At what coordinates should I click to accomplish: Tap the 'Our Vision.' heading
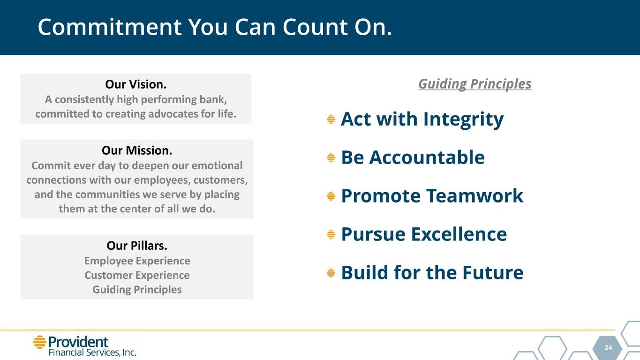coord(136,84)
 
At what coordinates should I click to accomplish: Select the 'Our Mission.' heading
coord(137,150)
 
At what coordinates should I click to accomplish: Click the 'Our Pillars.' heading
coord(137,246)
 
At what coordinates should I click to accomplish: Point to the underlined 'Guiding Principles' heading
coord(475,84)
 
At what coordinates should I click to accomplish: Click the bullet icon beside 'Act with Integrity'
coord(331,119)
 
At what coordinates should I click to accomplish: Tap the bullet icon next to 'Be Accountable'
coord(331,157)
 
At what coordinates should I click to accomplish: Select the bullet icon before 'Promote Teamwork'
coord(331,196)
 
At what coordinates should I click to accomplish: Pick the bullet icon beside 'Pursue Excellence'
coord(331,234)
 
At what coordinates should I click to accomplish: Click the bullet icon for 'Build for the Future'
coord(331,273)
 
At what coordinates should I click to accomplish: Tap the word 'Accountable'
coord(427,157)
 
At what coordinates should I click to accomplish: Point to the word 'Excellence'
coord(459,234)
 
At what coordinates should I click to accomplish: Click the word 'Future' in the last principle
coord(493,272)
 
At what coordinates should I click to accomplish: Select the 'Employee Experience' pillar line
coord(137,261)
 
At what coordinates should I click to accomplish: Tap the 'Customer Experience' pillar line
coord(137,275)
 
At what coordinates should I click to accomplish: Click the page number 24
coord(608,348)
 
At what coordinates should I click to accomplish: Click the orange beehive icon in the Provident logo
coord(40,342)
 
